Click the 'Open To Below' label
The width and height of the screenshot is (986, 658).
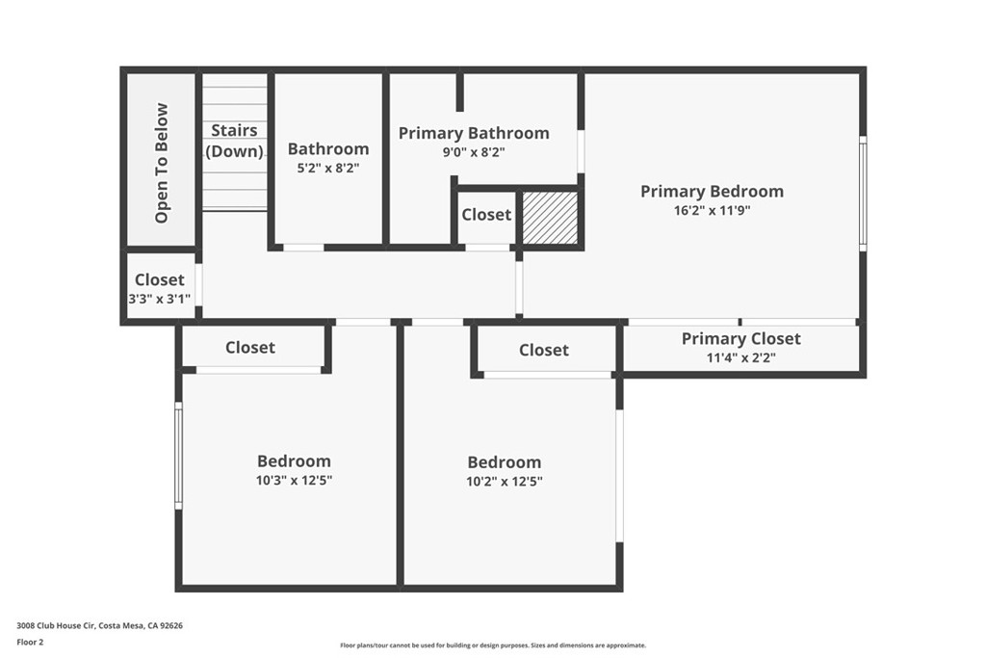pyautogui.click(x=162, y=163)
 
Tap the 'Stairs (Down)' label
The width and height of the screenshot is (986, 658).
pyautogui.click(x=234, y=141)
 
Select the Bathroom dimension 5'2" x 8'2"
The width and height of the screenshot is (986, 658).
pyautogui.click(x=328, y=167)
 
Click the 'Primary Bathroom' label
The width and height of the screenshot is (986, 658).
pyautogui.click(x=474, y=133)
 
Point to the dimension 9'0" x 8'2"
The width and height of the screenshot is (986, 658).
pyautogui.click(x=474, y=151)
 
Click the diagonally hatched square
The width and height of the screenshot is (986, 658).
pyautogui.click(x=550, y=217)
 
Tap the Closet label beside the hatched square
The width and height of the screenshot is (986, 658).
pyautogui.click(x=486, y=215)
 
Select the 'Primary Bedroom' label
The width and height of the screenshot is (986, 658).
pyautogui.click(x=712, y=191)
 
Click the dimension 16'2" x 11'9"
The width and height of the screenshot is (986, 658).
pyautogui.click(x=712, y=210)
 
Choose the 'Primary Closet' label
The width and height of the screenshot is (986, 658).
pyautogui.click(x=740, y=338)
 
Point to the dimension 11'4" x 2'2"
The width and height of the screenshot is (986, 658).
pyautogui.click(x=740, y=357)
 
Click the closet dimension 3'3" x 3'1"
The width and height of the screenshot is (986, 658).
pyautogui.click(x=160, y=299)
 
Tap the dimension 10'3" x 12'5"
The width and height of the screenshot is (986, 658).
pyautogui.click(x=294, y=480)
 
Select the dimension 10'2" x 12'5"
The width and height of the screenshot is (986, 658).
pyautogui.click(x=505, y=481)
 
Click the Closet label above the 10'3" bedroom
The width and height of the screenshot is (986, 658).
pyautogui.click(x=250, y=348)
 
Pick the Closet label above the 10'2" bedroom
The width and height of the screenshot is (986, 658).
pyautogui.click(x=544, y=350)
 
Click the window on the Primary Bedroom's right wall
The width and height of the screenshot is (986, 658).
pyautogui.click(x=863, y=193)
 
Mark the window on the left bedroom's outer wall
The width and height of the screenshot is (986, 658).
pyautogui.click(x=178, y=455)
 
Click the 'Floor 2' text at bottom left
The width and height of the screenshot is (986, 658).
pyautogui.click(x=30, y=641)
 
